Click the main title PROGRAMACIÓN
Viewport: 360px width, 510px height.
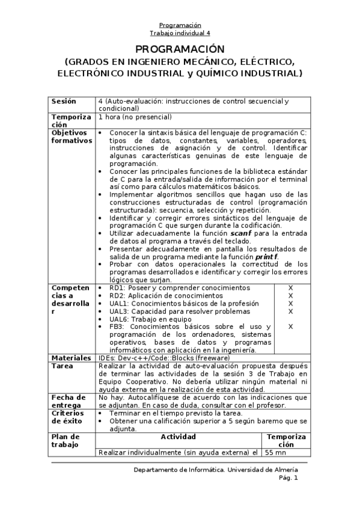[x=180, y=49]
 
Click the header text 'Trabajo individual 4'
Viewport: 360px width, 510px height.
[x=180, y=33]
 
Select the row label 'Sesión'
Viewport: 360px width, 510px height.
[x=64, y=101]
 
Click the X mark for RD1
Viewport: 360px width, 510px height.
[x=290, y=288]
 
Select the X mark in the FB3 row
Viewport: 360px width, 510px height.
[x=290, y=327]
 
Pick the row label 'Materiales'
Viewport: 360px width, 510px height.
[x=72, y=358]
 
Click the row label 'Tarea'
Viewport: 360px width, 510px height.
[x=62, y=366]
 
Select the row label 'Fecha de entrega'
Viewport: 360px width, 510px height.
[x=69, y=401]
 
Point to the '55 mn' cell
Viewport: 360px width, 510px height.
[x=278, y=452]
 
